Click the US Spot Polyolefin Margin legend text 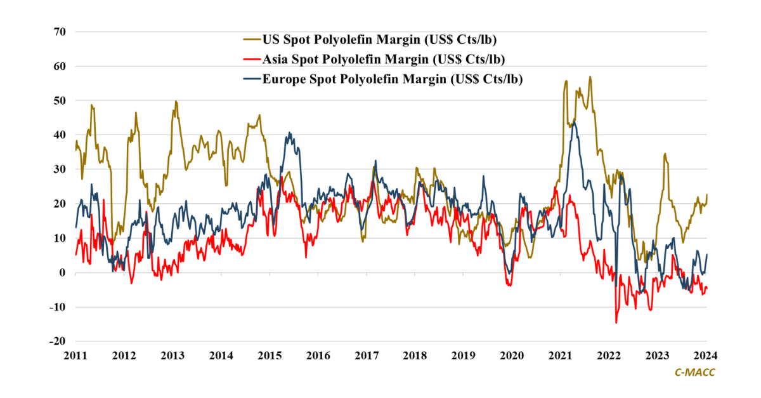click(x=378, y=40)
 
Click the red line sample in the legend click(x=250, y=60)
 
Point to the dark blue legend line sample click(x=250, y=79)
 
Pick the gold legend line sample click(x=250, y=40)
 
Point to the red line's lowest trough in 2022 click(x=616, y=323)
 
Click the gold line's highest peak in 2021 click(x=590, y=77)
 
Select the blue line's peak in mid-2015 click(x=289, y=133)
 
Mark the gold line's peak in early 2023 click(x=665, y=153)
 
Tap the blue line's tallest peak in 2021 click(x=574, y=119)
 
